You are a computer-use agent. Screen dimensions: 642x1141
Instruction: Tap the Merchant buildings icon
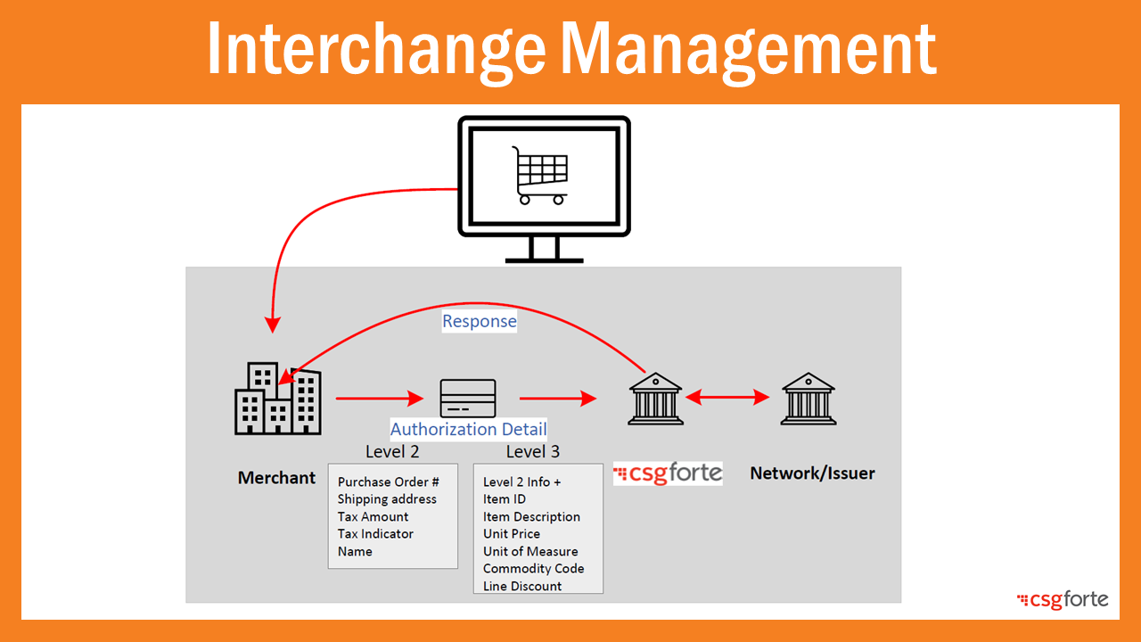(277, 399)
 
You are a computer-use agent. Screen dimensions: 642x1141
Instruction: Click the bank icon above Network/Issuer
(809, 398)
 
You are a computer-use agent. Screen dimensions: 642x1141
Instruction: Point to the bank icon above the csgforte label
(655, 399)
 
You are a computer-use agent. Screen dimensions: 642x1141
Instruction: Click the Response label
(480, 321)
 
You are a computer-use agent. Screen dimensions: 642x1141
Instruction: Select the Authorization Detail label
(469, 429)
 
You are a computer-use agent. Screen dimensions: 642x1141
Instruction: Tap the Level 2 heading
(392, 451)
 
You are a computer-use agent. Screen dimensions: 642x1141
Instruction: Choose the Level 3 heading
(533, 451)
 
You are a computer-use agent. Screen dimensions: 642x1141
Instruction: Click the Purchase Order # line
(388, 482)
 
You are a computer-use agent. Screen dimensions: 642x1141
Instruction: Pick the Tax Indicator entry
(375, 534)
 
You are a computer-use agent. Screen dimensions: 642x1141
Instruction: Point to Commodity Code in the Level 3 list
(533, 569)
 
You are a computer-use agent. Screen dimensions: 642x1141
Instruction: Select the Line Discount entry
(522, 586)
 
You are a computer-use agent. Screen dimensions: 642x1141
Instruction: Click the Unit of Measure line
(530, 551)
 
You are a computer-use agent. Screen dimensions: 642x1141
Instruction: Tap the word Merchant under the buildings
(276, 478)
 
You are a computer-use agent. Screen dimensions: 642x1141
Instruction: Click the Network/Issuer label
(812, 473)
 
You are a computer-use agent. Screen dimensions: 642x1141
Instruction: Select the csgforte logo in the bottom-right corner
(1063, 599)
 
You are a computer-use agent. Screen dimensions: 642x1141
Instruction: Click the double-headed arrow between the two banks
(727, 399)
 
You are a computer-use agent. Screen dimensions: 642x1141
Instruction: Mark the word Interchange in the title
(375, 49)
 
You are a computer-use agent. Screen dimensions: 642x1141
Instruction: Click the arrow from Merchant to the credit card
(379, 399)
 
